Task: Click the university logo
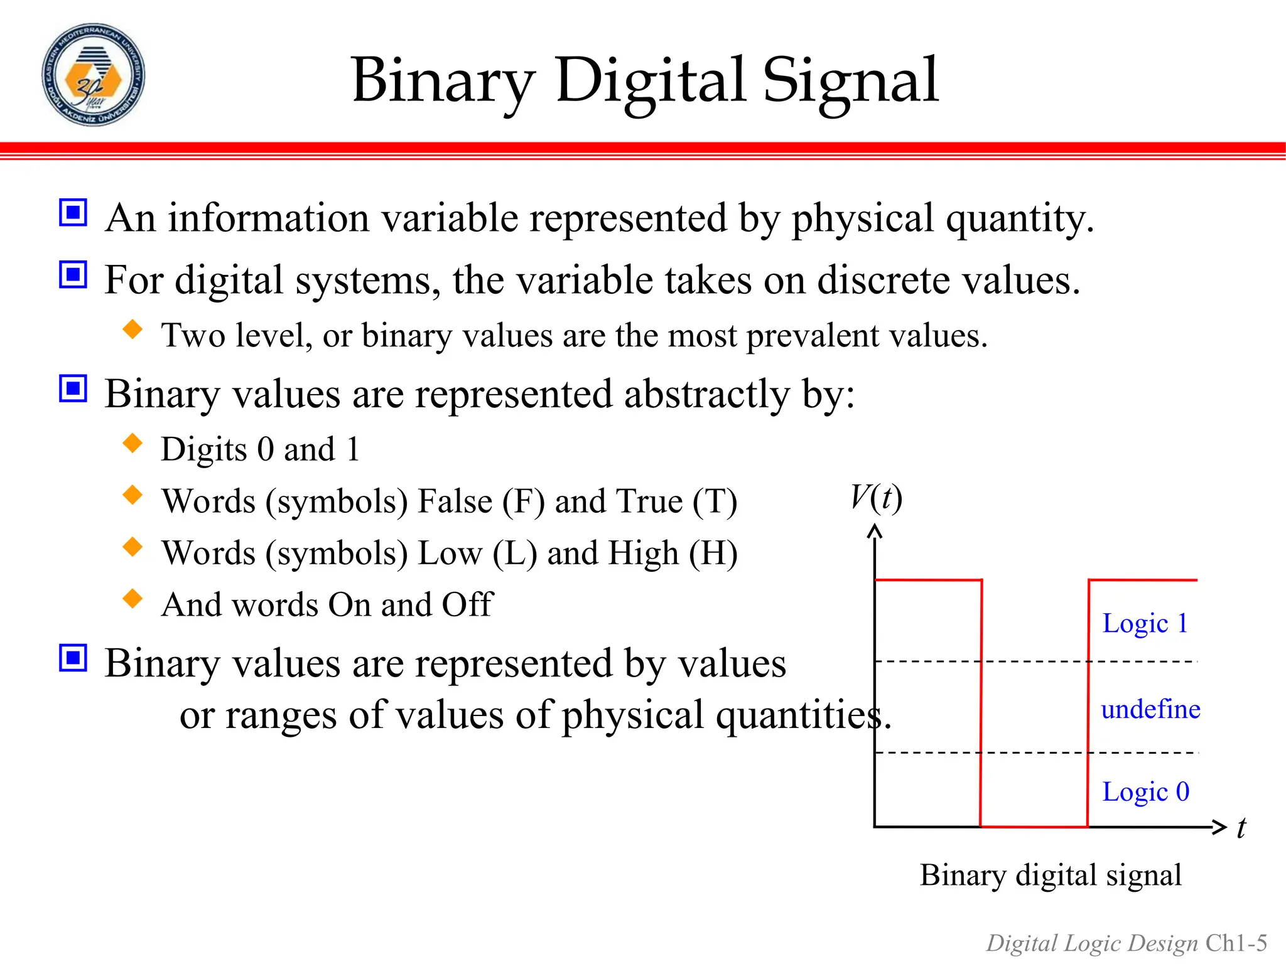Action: (x=93, y=75)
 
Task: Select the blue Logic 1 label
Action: (x=1145, y=624)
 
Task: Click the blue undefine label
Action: (x=1150, y=709)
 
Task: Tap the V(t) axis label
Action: (x=877, y=498)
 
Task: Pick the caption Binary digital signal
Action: (x=1051, y=875)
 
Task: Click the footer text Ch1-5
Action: (x=1236, y=943)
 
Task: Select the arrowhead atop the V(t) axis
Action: (x=875, y=532)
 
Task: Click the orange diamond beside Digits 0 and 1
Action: (x=132, y=443)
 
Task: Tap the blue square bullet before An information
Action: (x=73, y=213)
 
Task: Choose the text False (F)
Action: (x=481, y=502)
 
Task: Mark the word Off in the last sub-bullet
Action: (x=468, y=605)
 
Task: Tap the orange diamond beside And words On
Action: (x=132, y=599)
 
